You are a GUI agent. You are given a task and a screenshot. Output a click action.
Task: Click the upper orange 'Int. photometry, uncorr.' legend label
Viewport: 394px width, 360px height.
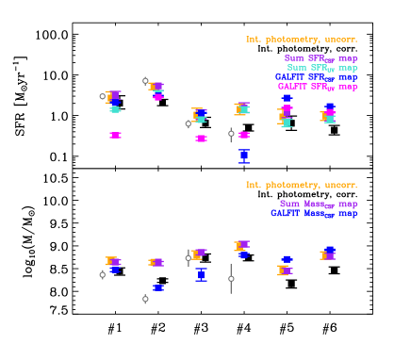pyautogui.click(x=302, y=40)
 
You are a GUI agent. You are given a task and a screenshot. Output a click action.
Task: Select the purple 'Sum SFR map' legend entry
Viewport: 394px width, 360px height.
pyautogui.click(x=320, y=58)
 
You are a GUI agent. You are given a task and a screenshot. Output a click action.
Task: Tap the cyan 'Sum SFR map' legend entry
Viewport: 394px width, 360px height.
pyautogui.click(x=321, y=68)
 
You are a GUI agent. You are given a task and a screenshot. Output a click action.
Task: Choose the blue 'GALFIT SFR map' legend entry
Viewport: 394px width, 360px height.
pyautogui.click(x=316, y=77)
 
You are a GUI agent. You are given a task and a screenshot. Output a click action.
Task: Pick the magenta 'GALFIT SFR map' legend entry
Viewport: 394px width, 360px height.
pyautogui.click(x=318, y=87)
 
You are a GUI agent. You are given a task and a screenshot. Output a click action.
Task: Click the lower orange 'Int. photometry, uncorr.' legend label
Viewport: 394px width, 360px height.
pyautogui.click(x=302, y=185)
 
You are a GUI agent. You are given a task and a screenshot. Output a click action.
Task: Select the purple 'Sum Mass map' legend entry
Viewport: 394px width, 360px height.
pyautogui.click(x=319, y=204)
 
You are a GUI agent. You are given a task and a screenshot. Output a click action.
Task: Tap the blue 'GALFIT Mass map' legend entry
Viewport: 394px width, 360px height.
pyautogui.click(x=314, y=213)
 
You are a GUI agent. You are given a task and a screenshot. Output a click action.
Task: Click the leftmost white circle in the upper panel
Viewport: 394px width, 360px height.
pyautogui.click(x=103, y=96)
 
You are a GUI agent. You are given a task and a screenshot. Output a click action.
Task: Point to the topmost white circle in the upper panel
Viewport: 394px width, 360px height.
pyautogui.click(x=145, y=81)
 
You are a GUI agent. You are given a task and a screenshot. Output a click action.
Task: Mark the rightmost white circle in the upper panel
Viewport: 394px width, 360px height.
pyautogui.click(x=231, y=133)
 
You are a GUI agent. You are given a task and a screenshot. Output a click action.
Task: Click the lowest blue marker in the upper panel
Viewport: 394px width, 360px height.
pyautogui.click(x=244, y=155)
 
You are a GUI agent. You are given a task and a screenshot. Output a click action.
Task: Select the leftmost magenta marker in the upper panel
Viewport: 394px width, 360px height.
pyautogui.click(x=115, y=135)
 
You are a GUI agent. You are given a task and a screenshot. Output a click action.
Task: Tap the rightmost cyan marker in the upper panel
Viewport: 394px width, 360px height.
pyautogui.click(x=329, y=119)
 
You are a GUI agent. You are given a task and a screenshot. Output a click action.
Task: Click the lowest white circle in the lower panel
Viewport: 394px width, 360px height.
pyautogui.click(x=145, y=299)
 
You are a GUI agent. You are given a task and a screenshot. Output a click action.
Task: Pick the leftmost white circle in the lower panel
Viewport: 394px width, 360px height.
pyautogui.click(x=103, y=275)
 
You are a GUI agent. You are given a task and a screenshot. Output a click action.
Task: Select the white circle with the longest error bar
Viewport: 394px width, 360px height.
pyautogui.click(x=231, y=278)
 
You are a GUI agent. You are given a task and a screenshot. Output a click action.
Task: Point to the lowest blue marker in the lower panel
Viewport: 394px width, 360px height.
pyautogui.click(x=158, y=288)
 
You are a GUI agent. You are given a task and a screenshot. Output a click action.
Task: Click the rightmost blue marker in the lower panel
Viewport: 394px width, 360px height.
pyautogui.click(x=329, y=251)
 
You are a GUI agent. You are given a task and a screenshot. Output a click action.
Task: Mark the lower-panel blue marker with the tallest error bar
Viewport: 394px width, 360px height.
pyautogui.click(x=201, y=274)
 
